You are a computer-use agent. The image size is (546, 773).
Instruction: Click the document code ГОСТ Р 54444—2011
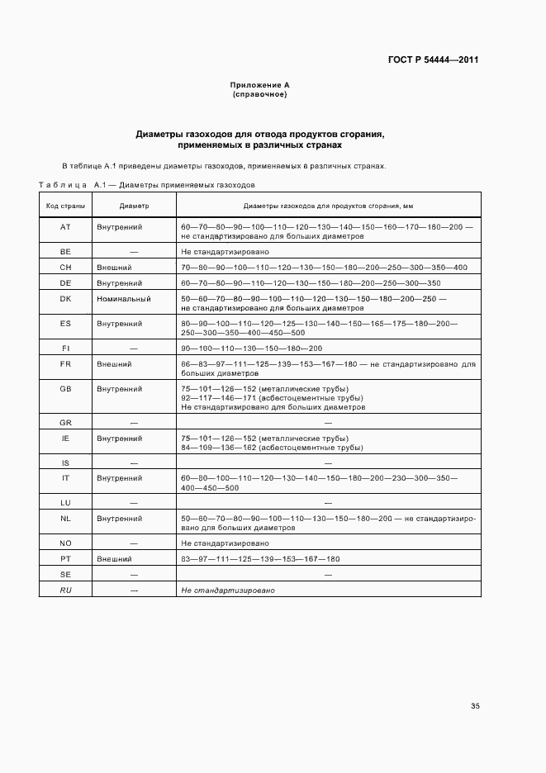(x=433, y=60)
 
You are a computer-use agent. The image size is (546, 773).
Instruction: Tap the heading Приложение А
(x=259, y=85)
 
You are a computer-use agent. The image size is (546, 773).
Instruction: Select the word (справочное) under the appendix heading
(x=259, y=94)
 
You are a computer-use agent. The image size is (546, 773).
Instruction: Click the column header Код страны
(x=65, y=205)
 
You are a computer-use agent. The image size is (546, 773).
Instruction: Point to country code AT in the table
(x=65, y=226)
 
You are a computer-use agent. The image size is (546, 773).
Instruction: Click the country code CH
(x=65, y=268)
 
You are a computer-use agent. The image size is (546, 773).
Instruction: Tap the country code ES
(x=65, y=324)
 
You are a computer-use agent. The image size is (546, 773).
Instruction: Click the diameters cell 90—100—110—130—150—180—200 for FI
(x=251, y=349)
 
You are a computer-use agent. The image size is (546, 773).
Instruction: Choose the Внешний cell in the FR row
(x=115, y=363)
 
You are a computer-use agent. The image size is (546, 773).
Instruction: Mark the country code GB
(x=65, y=388)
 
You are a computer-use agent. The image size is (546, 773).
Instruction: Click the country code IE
(x=65, y=438)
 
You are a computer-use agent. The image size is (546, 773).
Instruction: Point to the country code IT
(x=65, y=478)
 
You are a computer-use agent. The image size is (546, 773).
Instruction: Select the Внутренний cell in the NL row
(x=120, y=519)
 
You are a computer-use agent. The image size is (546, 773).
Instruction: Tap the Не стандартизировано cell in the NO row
(x=225, y=543)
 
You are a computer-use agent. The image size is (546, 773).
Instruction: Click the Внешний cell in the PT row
(x=115, y=559)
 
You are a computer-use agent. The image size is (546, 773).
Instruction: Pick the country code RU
(x=65, y=591)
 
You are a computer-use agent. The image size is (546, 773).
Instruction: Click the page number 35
(x=475, y=706)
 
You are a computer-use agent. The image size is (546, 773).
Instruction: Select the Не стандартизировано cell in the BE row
(x=225, y=251)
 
